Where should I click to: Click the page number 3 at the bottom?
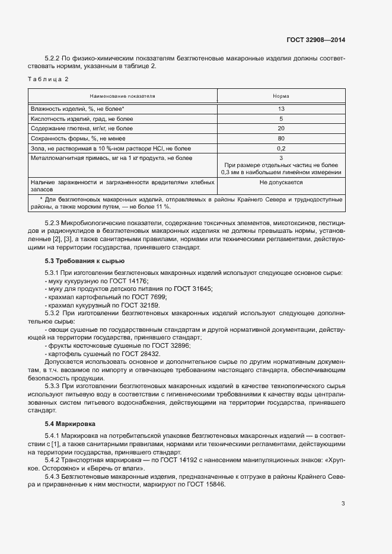tap(343, 504)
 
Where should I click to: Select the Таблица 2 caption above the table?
tap(49, 79)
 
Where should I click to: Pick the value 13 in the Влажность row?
tap(281, 109)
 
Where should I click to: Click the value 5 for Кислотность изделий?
tap(281, 119)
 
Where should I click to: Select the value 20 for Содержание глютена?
tap(281, 128)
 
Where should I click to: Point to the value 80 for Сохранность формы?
tap(281, 138)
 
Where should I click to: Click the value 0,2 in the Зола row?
tap(281, 148)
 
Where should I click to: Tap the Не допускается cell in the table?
tap(281, 182)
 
